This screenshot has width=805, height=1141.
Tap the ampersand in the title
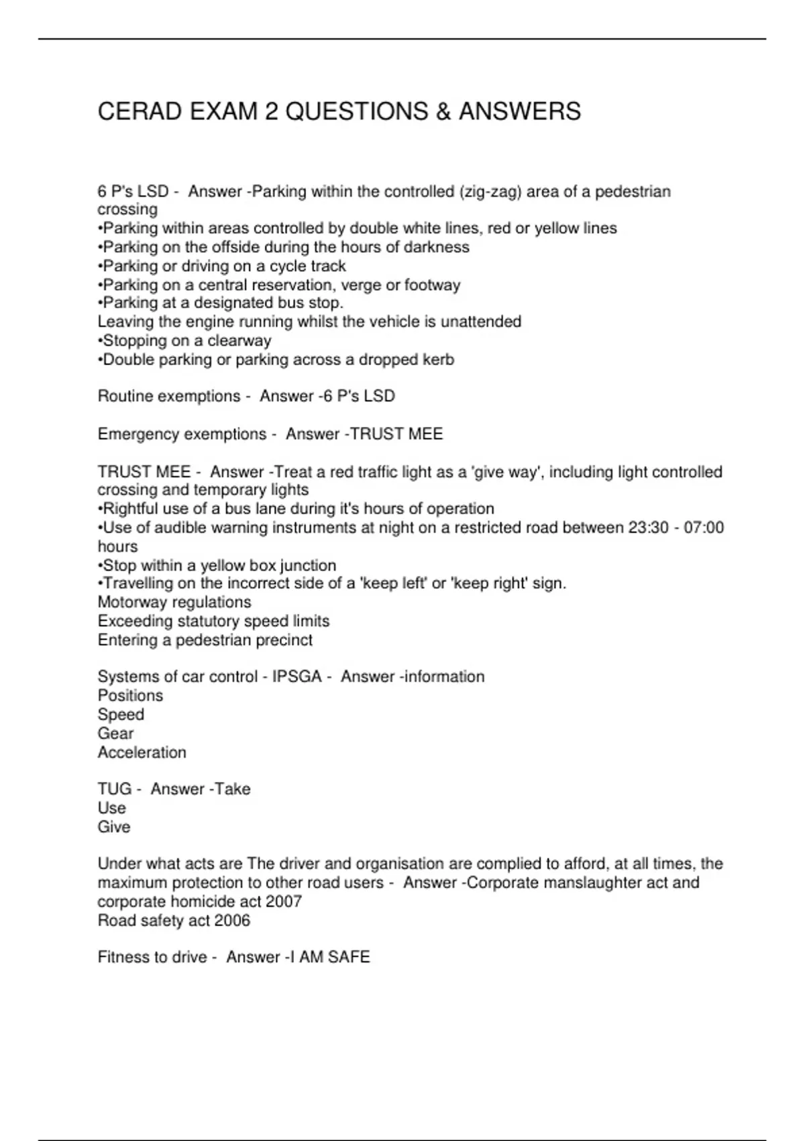pos(443,111)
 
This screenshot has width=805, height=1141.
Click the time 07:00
pos(704,528)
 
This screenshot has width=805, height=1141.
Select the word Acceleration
pos(142,752)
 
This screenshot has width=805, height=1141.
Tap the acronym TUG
pos(113,789)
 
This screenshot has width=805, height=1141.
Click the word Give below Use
pos(113,827)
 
